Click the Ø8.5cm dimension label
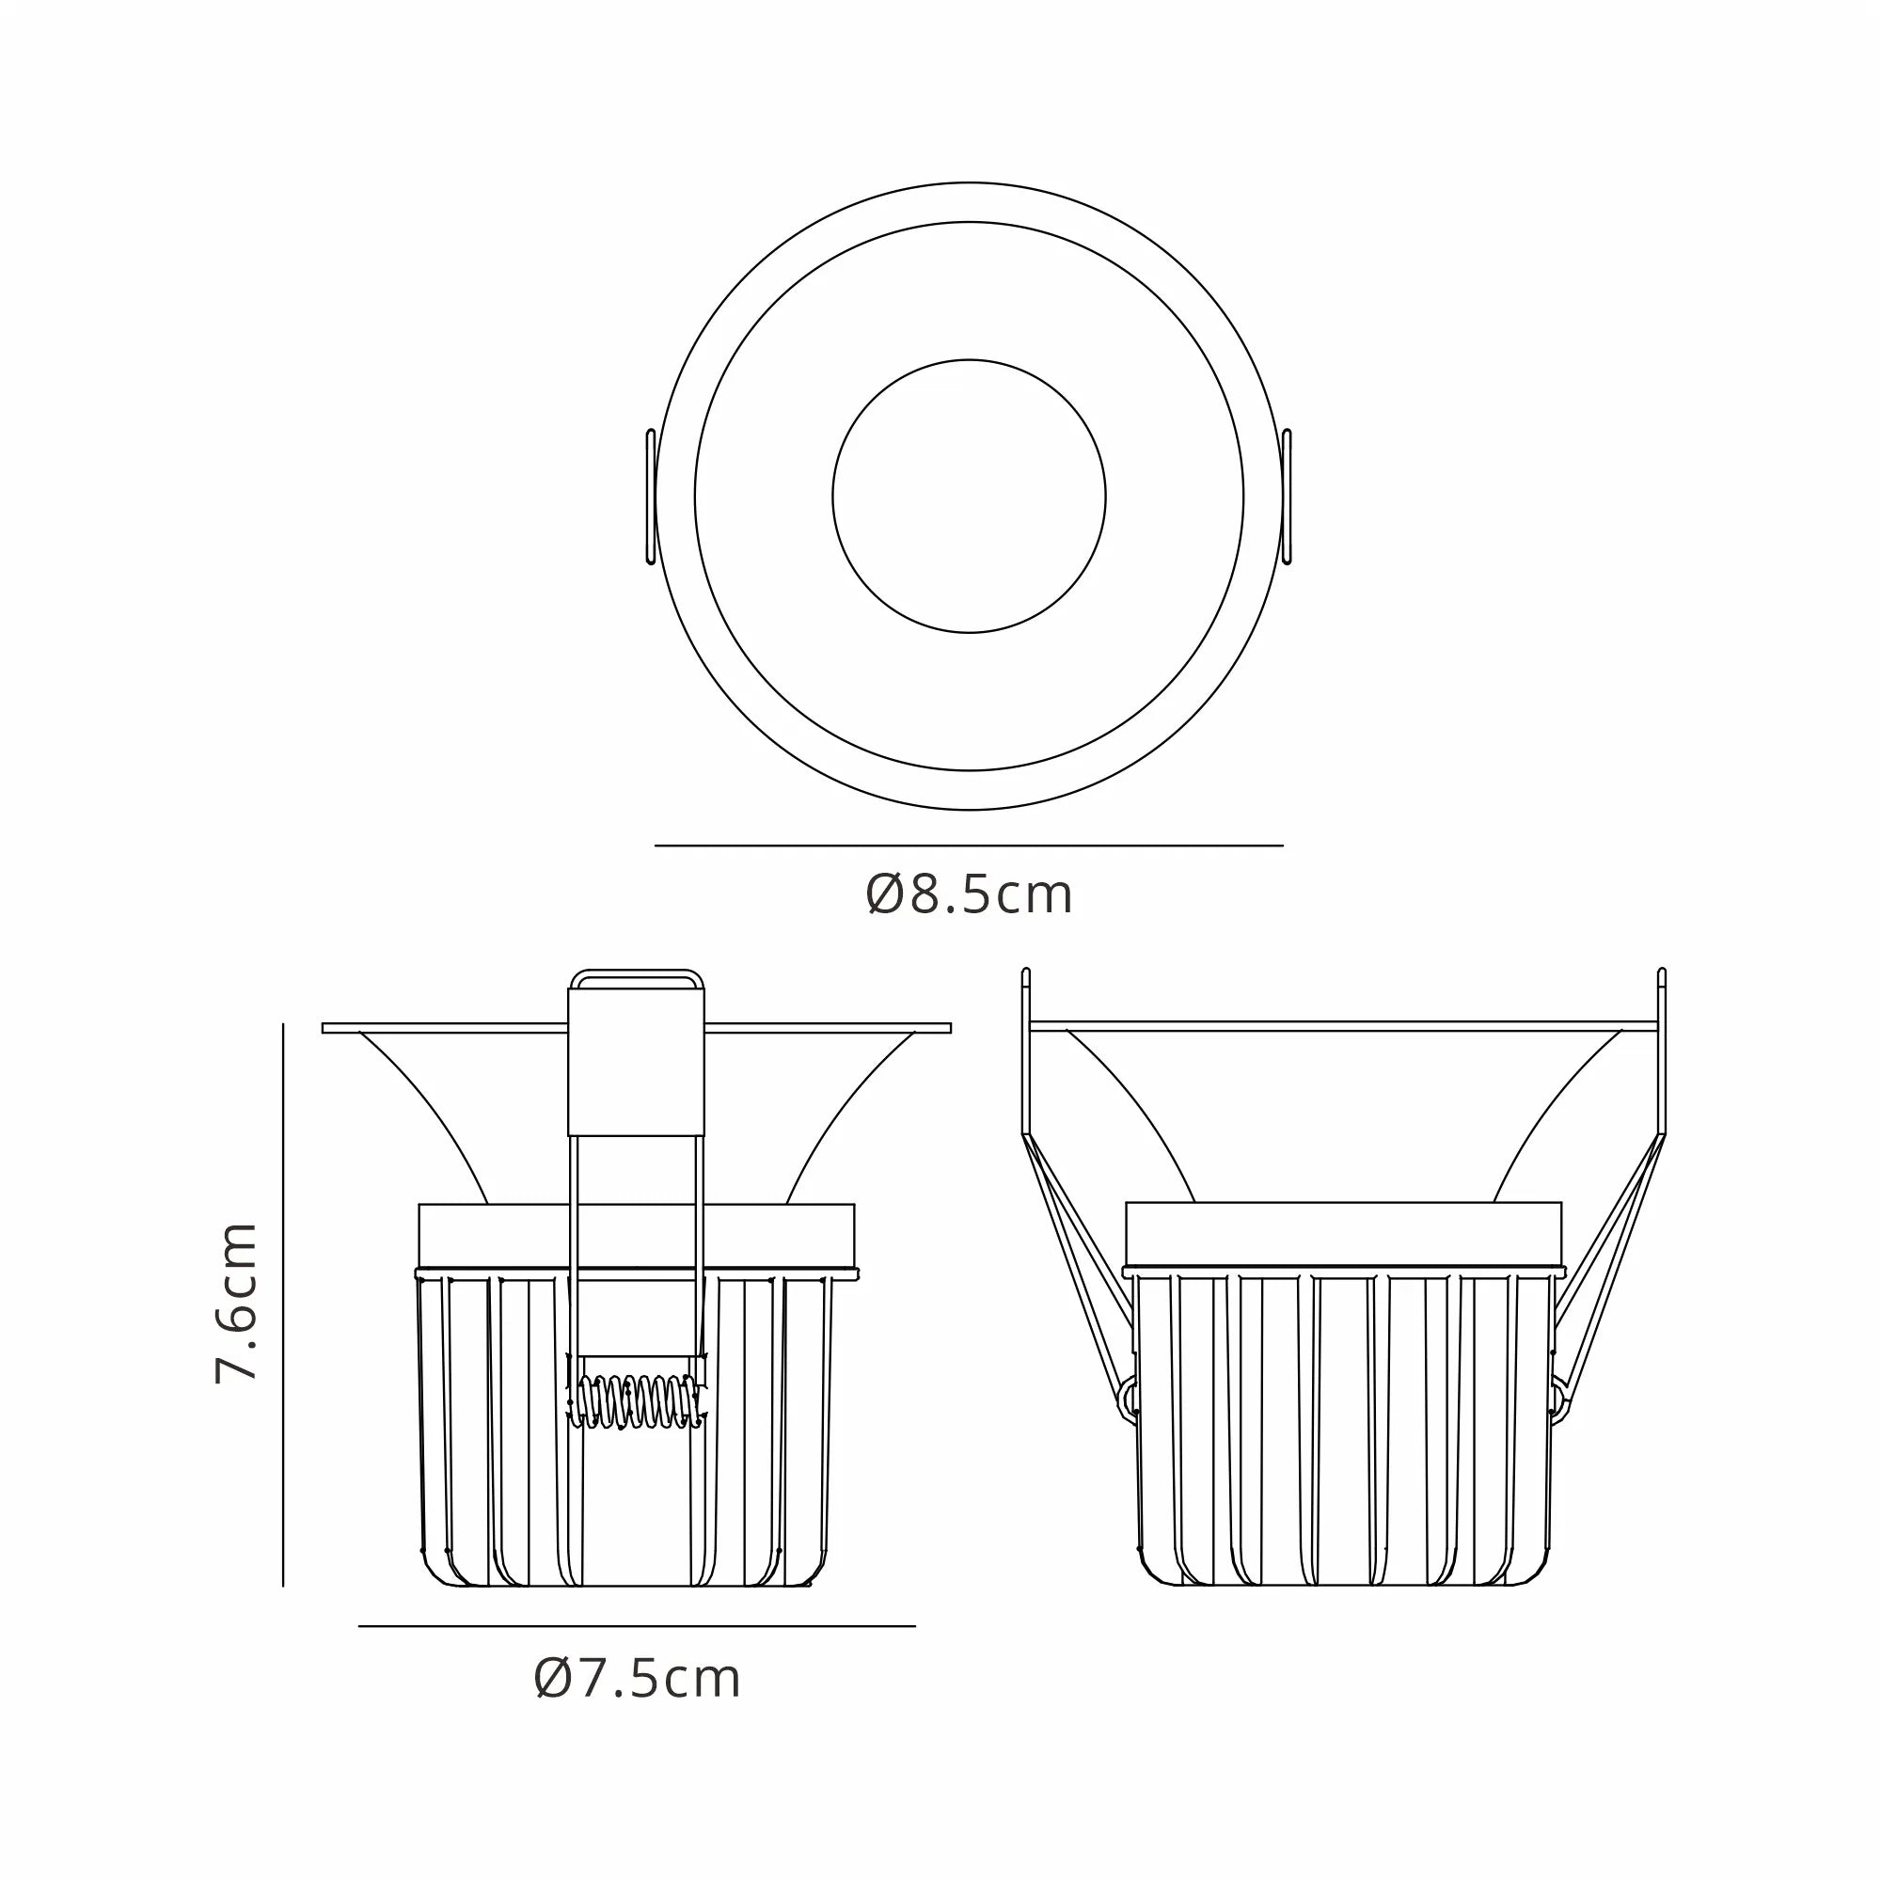(x=969, y=894)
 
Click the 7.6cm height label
(x=237, y=1304)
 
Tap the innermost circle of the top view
(x=969, y=497)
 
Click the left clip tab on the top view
(x=651, y=497)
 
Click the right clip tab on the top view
(x=1288, y=497)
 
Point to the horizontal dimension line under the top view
(x=969, y=846)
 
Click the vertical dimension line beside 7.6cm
(x=283, y=1304)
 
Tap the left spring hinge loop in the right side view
(x=1130, y=1400)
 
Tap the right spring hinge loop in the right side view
(x=1557, y=1400)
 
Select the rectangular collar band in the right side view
(x=1344, y=1234)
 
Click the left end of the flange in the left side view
(x=327, y=1028)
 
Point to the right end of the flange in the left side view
(x=946, y=1028)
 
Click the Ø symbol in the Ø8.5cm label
(x=885, y=894)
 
